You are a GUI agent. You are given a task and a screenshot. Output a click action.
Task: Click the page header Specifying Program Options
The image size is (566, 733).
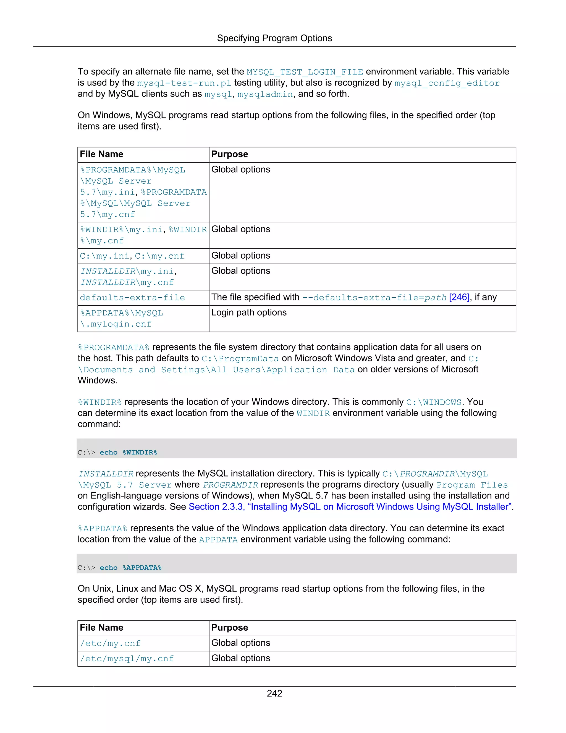point(274,38)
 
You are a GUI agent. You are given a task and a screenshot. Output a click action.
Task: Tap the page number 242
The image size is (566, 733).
point(274,693)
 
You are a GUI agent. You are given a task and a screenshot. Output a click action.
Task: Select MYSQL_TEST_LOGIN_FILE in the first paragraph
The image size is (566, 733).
point(305,72)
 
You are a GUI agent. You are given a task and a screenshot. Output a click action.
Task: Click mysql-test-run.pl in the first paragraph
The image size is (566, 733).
point(184,83)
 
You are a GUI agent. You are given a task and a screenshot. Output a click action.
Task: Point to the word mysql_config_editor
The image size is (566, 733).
point(447,83)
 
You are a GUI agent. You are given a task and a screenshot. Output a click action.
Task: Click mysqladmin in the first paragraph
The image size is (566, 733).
point(265,94)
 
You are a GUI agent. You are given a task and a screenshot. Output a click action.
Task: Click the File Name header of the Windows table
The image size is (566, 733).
point(102,154)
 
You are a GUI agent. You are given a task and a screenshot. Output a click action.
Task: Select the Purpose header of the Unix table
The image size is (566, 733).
point(230,627)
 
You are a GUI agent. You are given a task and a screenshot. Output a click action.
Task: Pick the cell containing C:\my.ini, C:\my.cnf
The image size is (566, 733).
point(132,256)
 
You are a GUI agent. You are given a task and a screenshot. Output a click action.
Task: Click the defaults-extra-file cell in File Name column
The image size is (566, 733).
point(132,298)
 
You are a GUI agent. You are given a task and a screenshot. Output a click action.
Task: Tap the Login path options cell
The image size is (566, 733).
point(249,313)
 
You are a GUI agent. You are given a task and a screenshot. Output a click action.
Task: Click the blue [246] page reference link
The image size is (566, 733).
point(459,297)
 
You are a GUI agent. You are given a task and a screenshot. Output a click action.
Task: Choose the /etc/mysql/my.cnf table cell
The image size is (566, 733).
point(127,659)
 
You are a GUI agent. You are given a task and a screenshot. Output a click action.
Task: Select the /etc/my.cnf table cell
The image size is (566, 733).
point(110,643)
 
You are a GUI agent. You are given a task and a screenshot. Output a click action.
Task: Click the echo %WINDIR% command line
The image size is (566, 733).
point(117,453)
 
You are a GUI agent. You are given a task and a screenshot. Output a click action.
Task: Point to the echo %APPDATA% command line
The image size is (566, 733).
point(120,568)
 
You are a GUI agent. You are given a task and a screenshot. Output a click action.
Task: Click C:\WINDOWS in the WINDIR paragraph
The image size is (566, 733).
point(434,402)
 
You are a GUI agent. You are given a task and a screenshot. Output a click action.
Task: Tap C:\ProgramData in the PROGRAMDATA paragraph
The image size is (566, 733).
point(240,359)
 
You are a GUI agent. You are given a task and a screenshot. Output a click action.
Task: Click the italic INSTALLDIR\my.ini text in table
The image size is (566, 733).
point(127,271)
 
